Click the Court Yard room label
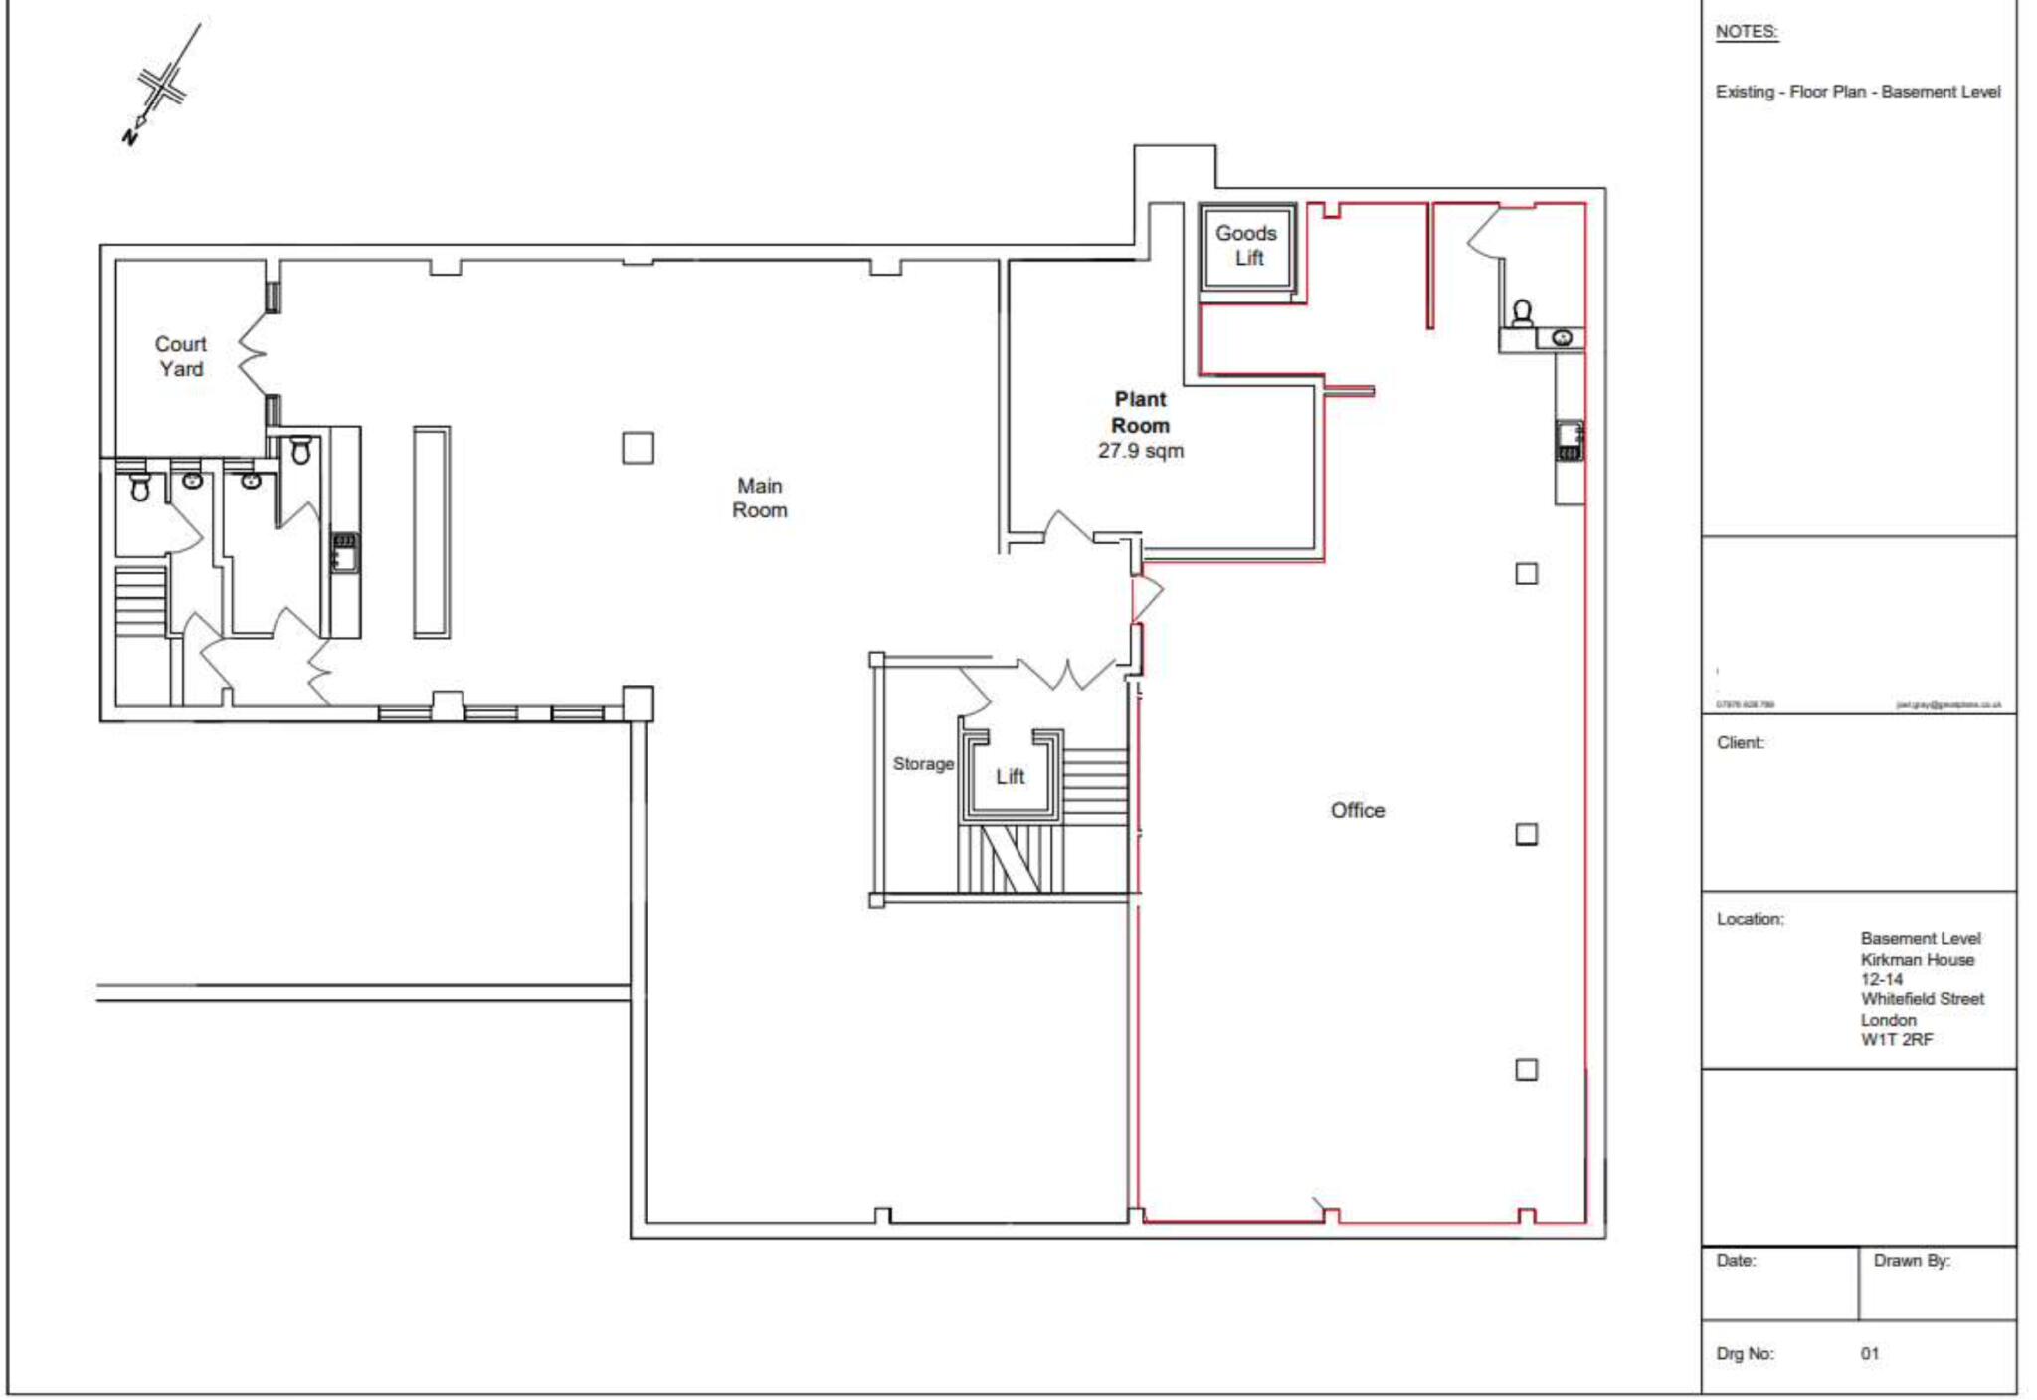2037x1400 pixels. pyautogui.click(x=180, y=356)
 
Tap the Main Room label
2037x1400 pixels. pyautogui.click(x=760, y=498)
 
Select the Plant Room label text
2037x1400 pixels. pyautogui.click(x=1140, y=412)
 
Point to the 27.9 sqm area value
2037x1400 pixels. pyautogui.click(x=1141, y=451)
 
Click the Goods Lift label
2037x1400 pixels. pyautogui.click(x=1247, y=245)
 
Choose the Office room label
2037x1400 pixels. pyautogui.click(x=1357, y=810)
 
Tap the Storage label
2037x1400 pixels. pyautogui.click(x=923, y=764)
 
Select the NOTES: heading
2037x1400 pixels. pyautogui.click(x=1746, y=32)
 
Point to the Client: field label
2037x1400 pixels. pyautogui.click(x=1740, y=743)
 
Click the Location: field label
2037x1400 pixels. pyautogui.click(x=1750, y=919)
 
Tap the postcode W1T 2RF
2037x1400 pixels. pyautogui.click(x=1896, y=1040)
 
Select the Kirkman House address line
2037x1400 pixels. pyautogui.click(x=1917, y=960)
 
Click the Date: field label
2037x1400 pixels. pyautogui.click(x=1736, y=1261)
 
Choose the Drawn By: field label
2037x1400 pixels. pyautogui.click(x=1911, y=1261)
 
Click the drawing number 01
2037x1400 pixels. pyautogui.click(x=1870, y=1354)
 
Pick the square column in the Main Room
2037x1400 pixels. pyautogui.click(x=638, y=448)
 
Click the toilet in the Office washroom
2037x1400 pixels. pyautogui.click(x=1521, y=314)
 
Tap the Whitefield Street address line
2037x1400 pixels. pyautogui.click(x=1922, y=999)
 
